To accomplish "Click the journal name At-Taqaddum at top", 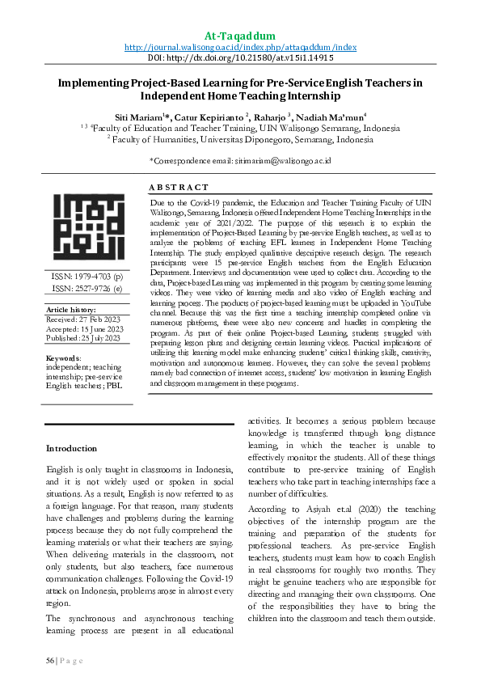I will click(240, 36).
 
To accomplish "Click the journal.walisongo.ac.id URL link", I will click(240, 48).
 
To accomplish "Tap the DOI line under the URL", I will click(240, 59).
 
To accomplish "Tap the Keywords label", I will click(63, 357).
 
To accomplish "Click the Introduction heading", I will click(71, 448).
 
